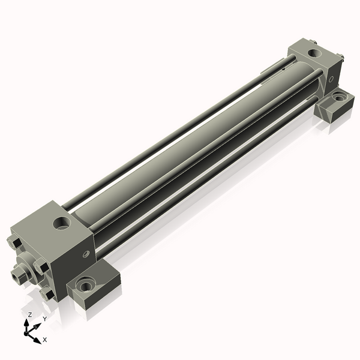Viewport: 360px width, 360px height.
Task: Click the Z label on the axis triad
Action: (x=29, y=315)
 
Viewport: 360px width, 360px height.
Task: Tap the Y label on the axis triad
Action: (x=45, y=319)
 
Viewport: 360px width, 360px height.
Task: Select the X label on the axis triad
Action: (x=45, y=340)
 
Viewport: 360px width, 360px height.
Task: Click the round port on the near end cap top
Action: (x=62, y=223)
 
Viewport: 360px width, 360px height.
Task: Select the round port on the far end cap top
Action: (x=314, y=53)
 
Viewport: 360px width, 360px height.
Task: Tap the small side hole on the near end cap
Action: (x=86, y=254)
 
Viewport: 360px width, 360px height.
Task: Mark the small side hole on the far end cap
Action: (x=331, y=79)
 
